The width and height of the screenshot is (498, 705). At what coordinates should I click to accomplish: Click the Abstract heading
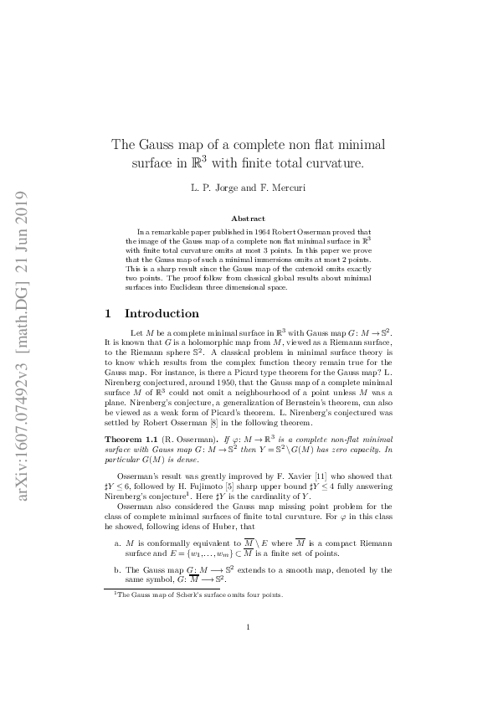[248, 219]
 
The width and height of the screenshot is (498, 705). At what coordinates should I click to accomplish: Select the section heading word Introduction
[162, 314]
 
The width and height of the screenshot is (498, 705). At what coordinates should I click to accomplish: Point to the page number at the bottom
[249, 650]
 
